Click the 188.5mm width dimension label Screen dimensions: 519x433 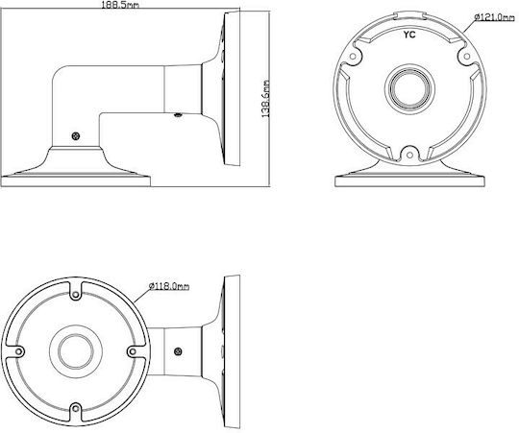pos(120,5)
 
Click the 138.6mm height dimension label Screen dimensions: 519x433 pos(266,99)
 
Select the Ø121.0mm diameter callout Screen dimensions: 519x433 pos(494,17)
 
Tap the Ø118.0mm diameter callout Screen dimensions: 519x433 pos(169,286)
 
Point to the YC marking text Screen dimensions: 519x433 pos(409,35)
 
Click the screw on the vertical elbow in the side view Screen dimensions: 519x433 pos(76,135)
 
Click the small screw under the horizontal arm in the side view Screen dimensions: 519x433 pos(178,115)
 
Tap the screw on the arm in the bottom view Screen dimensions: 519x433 pos(178,351)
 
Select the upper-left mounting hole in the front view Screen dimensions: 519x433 pos(353,57)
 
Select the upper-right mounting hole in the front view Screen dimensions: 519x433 pos(467,57)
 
